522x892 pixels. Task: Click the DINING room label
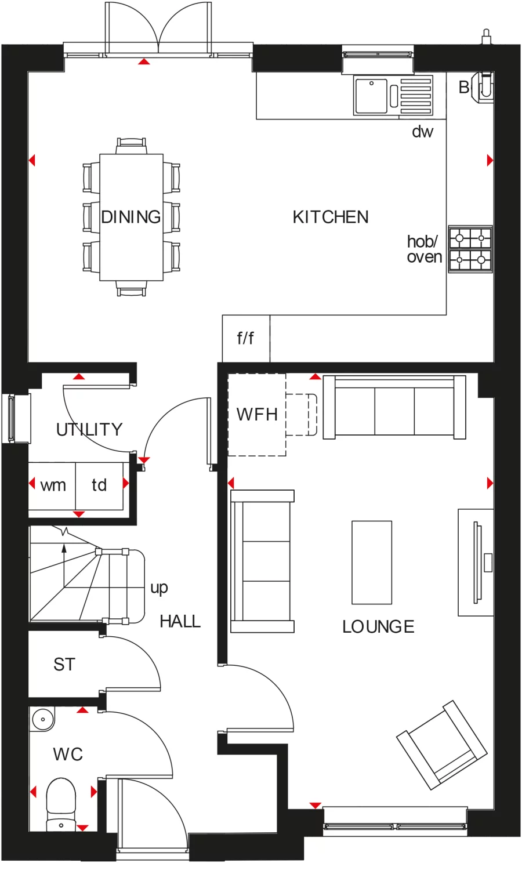131,217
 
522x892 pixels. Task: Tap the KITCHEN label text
331,217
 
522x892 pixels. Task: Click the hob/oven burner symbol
470,248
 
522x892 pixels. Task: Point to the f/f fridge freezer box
245,338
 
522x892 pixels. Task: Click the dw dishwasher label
422,132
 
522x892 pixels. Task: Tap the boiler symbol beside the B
484,87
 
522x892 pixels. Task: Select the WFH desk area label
257,415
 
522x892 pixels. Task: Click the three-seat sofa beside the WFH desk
394,406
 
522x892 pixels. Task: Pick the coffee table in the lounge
372,562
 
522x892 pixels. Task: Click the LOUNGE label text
378,627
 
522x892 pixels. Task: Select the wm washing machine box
53,485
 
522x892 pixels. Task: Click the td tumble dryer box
99,485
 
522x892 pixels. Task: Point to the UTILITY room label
89,430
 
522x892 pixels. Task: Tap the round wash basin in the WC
42,720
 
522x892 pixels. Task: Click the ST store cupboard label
64,665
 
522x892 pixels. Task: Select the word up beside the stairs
159,588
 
